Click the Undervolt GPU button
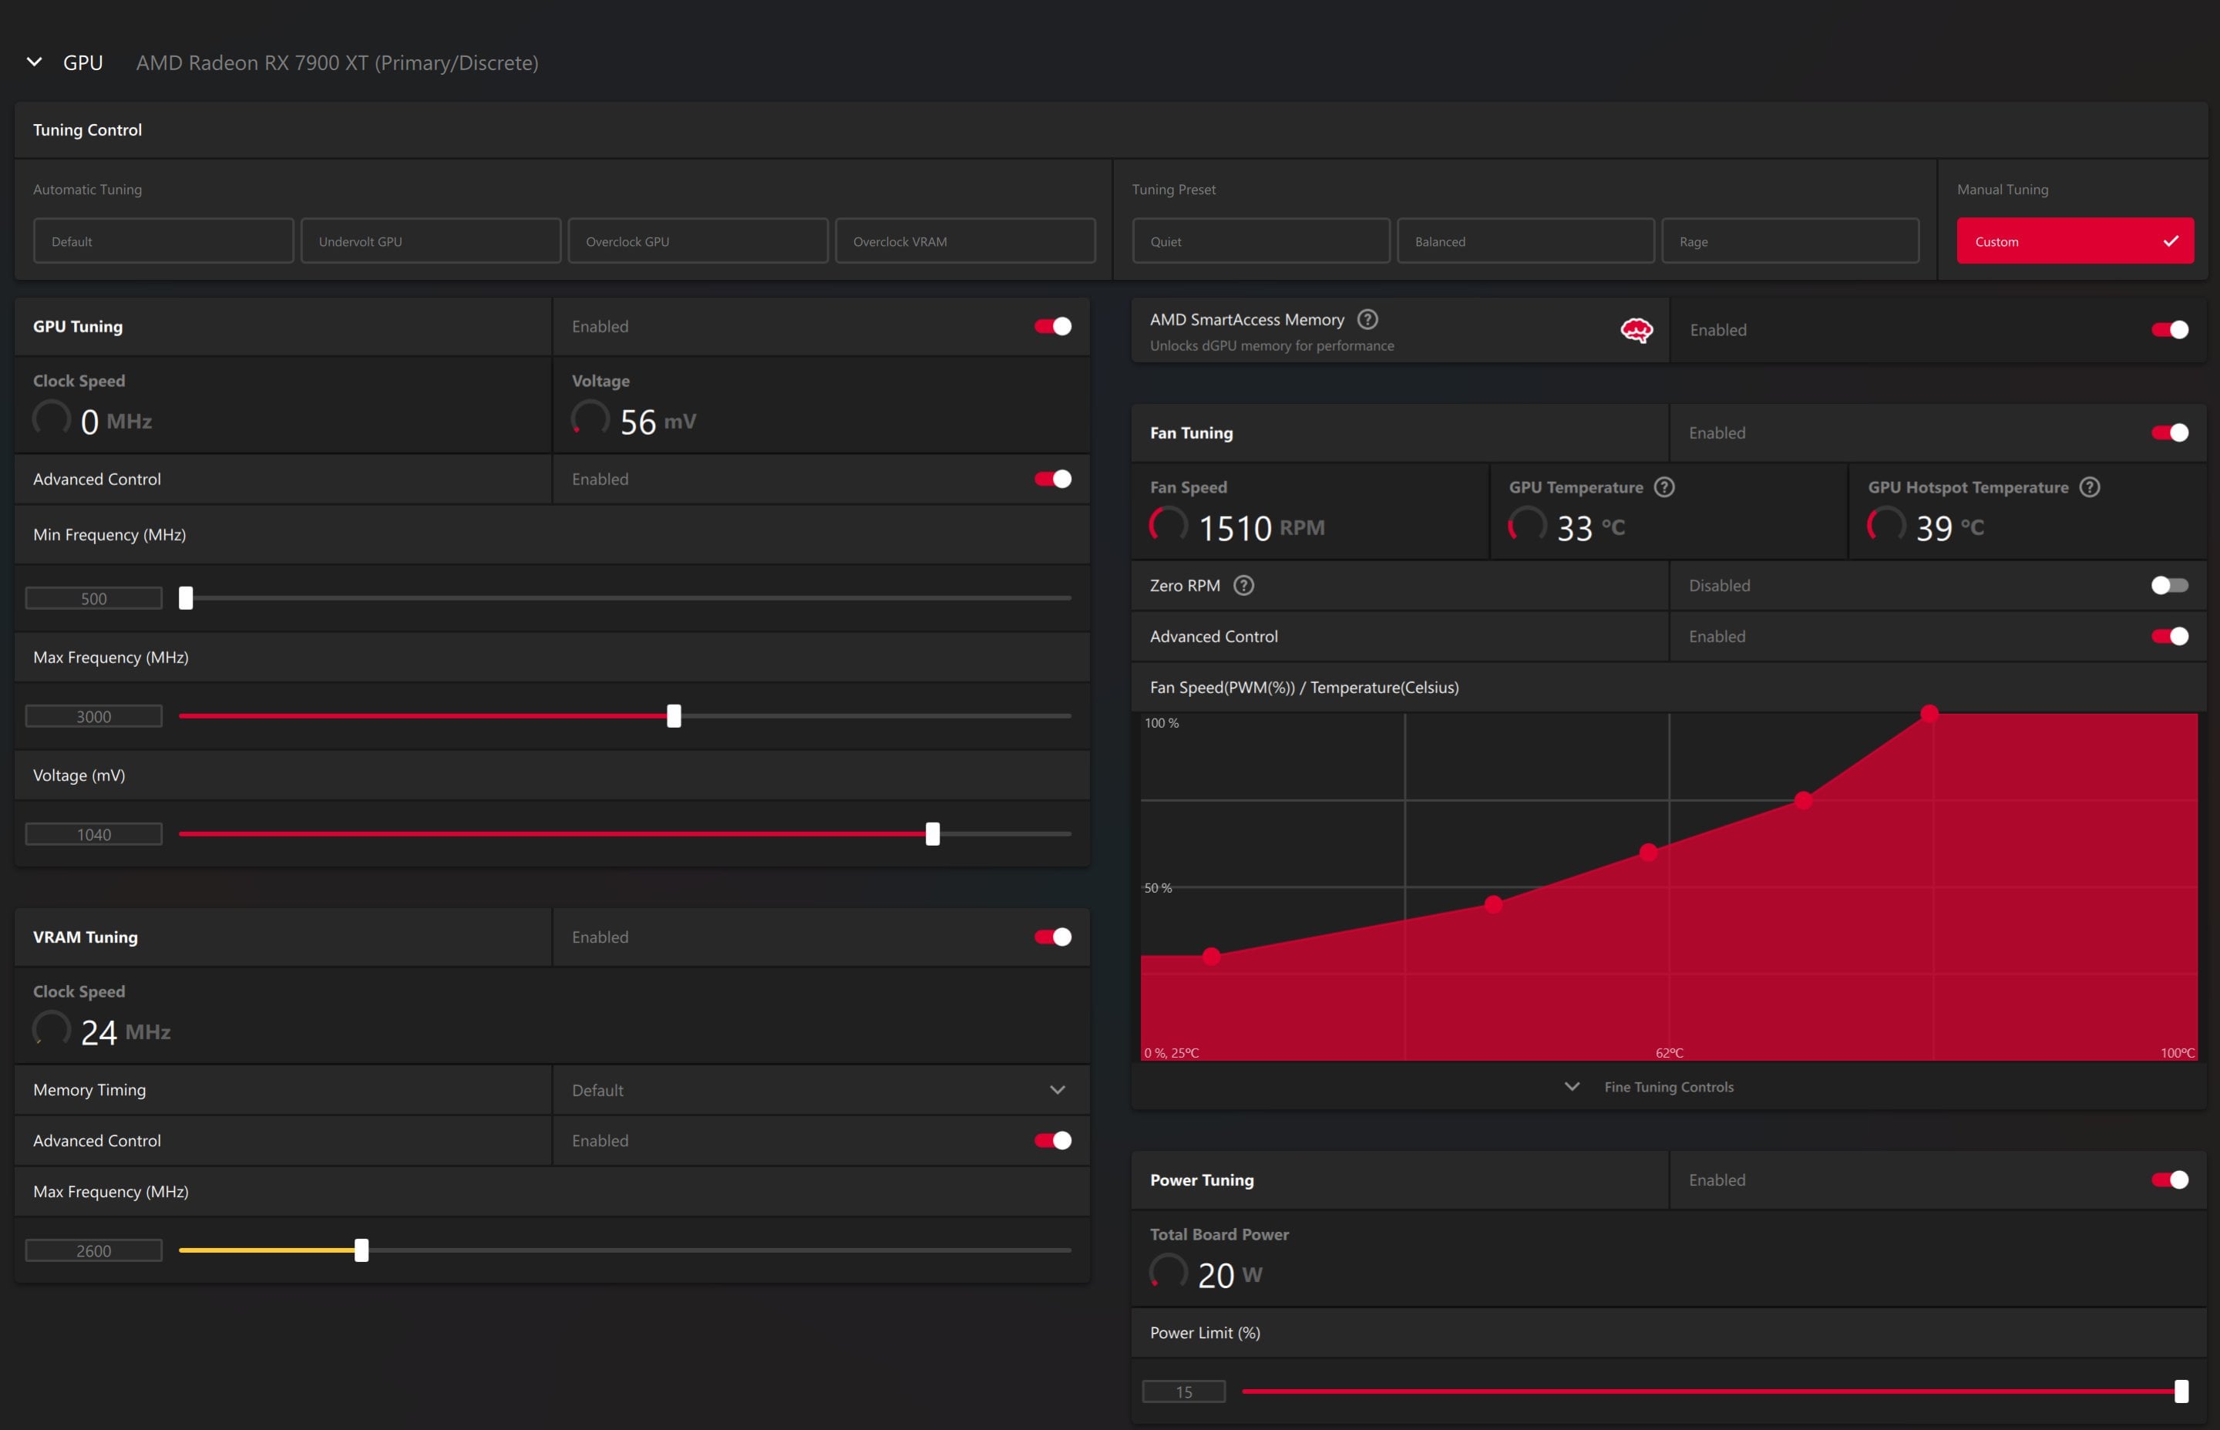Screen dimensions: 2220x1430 tap(431, 241)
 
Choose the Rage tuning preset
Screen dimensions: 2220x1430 tap(1789, 241)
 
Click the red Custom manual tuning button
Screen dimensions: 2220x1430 tap(2075, 241)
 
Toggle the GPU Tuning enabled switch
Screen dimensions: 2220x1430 tap(1053, 326)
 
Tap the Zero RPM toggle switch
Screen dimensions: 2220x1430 tap(2169, 585)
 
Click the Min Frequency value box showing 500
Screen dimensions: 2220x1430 tap(94, 598)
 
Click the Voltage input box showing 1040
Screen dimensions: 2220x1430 tap(94, 834)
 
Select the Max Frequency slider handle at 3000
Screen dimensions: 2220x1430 tap(674, 716)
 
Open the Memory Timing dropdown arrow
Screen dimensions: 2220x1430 tap(1058, 1089)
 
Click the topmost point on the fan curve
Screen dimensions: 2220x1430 tap(1929, 713)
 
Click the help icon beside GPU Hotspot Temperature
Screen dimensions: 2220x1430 tap(2089, 486)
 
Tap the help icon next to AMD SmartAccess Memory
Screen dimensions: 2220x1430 tap(1367, 319)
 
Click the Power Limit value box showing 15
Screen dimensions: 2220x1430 tap(1184, 1391)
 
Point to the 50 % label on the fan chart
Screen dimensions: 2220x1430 tap(1158, 888)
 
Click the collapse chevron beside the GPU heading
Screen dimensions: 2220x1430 tap(35, 62)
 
